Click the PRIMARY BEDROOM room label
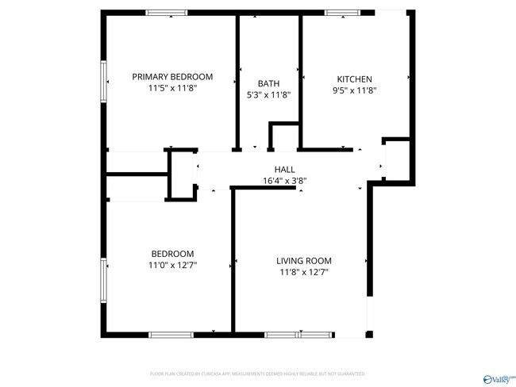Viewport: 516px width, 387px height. [x=172, y=77]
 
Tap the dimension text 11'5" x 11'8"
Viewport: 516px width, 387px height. [x=172, y=89]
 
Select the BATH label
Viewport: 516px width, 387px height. [x=268, y=83]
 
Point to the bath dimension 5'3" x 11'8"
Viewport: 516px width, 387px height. [x=268, y=94]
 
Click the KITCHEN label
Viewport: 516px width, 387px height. [x=354, y=79]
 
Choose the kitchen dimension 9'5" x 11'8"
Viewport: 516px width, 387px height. [x=354, y=90]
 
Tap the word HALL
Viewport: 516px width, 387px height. [x=284, y=170]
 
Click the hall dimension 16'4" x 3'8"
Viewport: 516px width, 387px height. [x=284, y=181]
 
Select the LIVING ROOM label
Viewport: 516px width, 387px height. [x=303, y=261]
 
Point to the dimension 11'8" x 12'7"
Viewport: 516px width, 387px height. [x=303, y=272]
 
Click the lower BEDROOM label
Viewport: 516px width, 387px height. [x=172, y=254]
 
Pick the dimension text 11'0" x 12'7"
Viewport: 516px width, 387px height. [x=172, y=265]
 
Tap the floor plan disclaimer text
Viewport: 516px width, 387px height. [x=257, y=374]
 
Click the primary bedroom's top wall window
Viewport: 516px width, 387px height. [x=167, y=13]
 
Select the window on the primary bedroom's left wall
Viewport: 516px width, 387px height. [x=103, y=80]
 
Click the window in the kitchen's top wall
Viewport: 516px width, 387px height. [x=343, y=13]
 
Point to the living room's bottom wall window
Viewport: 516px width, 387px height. [x=289, y=335]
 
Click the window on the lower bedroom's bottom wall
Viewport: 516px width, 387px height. [x=171, y=335]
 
